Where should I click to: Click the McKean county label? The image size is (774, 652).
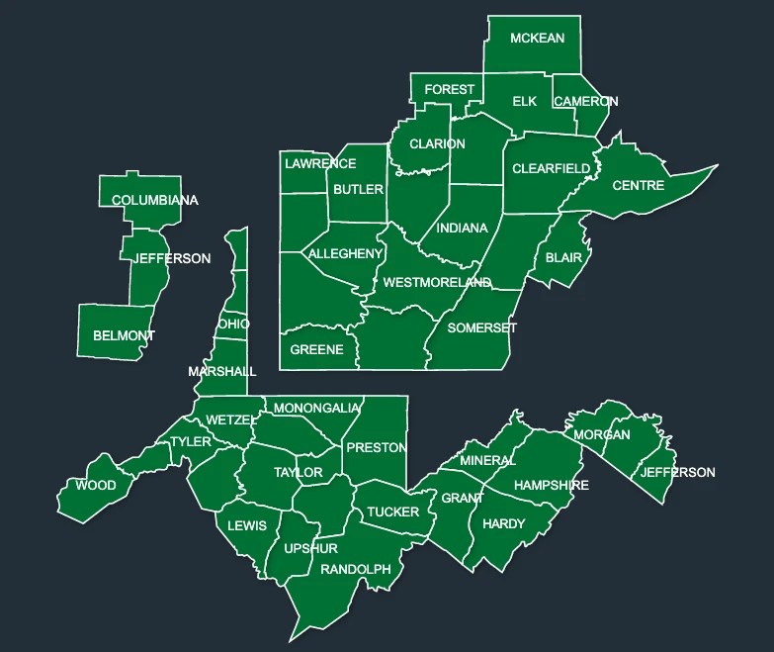[x=537, y=39]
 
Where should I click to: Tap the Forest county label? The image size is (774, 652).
[x=449, y=89]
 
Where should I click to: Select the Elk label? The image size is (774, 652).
[x=524, y=102]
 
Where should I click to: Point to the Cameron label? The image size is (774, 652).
[x=585, y=102]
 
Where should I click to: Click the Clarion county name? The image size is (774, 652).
[x=437, y=143]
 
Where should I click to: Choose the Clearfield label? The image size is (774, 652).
[x=551, y=169]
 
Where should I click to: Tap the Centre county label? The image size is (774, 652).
[x=638, y=186]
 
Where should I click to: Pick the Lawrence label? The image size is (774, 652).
[x=320, y=163]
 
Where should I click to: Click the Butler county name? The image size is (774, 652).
[x=358, y=189]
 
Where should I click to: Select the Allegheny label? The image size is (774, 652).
[x=345, y=254]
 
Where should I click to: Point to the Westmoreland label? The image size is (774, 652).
[x=437, y=282]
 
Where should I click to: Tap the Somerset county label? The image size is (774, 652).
[x=482, y=327]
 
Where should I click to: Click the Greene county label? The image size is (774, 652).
[x=316, y=349]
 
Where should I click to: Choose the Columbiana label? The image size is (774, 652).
[x=154, y=200]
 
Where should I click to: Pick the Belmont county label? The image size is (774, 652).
[x=124, y=335]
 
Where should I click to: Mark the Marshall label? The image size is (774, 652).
[x=222, y=372]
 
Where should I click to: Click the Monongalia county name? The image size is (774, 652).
[x=316, y=408]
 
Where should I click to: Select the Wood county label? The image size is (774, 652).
[x=95, y=485]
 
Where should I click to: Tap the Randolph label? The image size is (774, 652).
[x=356, y=570]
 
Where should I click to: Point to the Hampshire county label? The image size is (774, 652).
[x=551, y=485]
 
